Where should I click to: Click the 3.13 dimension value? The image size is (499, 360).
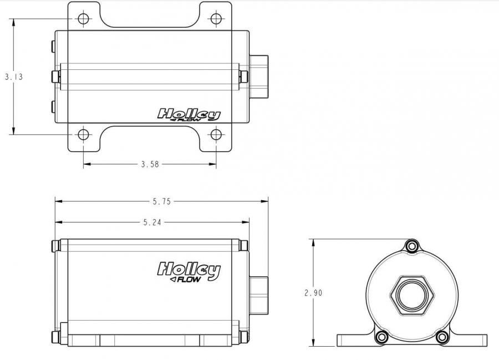click(x=14, y=77)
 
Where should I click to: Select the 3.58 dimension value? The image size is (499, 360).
click(x=150, y=164)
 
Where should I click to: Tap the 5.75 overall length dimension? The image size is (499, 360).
click(x=162, y=201)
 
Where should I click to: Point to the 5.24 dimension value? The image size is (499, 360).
click(x=152, y=222)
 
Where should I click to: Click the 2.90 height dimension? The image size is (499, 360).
click(x=313, y=292)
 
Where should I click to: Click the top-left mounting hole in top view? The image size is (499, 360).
click(x=83, y=18)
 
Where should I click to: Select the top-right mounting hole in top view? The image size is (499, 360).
click(x=216, y=18)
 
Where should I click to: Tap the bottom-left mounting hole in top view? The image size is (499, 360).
click(x=83, y=135)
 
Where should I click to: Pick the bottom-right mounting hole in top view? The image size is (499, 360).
click(x=216, y=135)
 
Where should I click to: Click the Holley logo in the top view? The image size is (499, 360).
click(x=189, y=115)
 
